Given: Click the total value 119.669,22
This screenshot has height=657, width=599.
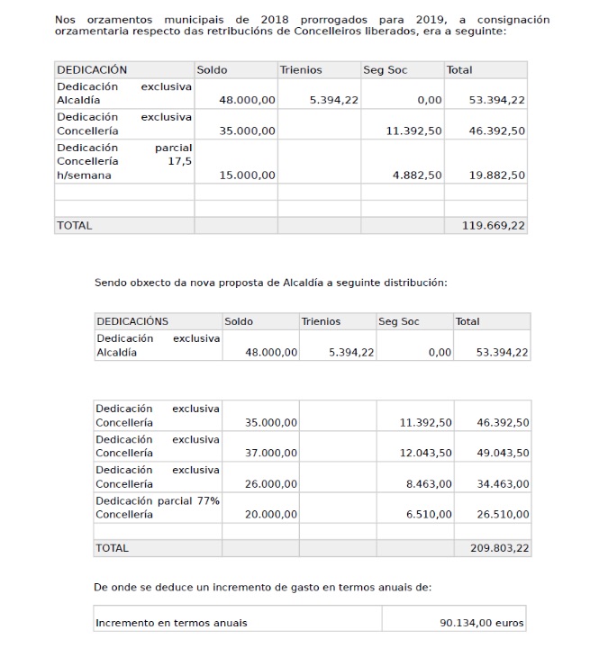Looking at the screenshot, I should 493,226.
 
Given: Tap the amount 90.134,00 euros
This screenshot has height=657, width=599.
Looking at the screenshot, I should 481,623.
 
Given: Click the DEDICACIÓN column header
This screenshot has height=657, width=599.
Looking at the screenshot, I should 92,70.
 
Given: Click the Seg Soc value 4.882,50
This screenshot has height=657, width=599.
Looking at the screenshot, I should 417,175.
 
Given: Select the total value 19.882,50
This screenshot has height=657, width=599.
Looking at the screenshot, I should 497,175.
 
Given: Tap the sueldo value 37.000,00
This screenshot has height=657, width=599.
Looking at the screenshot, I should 271,453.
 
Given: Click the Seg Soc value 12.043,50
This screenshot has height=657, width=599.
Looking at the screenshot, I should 426,453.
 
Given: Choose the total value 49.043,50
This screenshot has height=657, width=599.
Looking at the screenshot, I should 503,453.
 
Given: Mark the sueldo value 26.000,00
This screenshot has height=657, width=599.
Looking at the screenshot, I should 271,484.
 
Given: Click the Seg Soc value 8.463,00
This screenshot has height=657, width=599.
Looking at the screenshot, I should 429,484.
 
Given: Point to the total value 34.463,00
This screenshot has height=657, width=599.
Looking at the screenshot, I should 503,484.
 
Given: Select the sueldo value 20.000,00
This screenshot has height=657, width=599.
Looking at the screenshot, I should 271,515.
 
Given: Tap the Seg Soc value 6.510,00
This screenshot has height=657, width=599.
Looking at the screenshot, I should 429,515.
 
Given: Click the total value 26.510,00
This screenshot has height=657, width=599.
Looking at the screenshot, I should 503,515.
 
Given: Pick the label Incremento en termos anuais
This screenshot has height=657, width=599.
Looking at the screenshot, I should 171,623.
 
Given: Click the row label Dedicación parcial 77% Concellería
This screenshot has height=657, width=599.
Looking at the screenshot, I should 158,508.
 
